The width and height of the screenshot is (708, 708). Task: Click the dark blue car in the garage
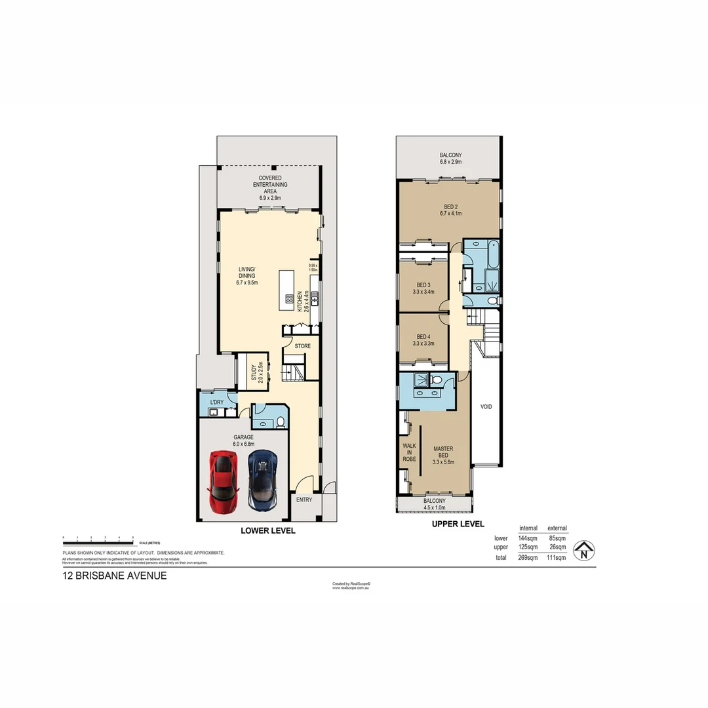[263, 480]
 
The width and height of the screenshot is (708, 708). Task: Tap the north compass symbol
[583, 551]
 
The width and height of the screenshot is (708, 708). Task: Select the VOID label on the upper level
[486, 406]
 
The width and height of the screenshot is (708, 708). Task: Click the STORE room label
[302, 345]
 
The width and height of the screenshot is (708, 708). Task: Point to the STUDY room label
[256, 372]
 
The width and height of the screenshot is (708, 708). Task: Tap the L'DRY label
[216, 403]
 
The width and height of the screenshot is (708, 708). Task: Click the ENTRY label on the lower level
[304, 500]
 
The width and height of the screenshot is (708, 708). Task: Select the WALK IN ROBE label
[409, 452]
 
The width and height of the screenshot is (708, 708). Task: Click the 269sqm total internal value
[528, 557]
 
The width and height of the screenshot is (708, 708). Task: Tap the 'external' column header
[557, 528]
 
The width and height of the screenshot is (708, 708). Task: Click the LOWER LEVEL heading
[268, 530]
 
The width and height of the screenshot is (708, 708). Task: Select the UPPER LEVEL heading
[458, 524]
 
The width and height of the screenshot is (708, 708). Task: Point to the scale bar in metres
[98, 542]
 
